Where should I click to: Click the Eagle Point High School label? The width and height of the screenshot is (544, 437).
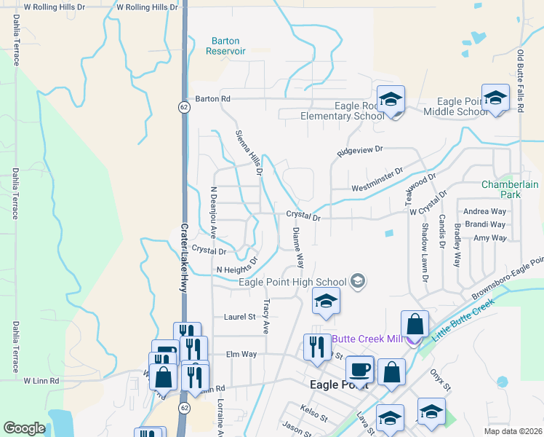[x=303, y=282]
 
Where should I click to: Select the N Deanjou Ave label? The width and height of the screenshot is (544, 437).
[x=213, y=212]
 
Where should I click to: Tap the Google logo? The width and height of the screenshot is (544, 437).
[x=24, y=428]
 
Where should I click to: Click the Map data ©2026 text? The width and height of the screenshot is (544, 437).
[x=513, y=431]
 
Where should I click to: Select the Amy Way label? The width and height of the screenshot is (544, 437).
[x=489, y=237]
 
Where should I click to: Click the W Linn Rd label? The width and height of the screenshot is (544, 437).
[x=40, y=380]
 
